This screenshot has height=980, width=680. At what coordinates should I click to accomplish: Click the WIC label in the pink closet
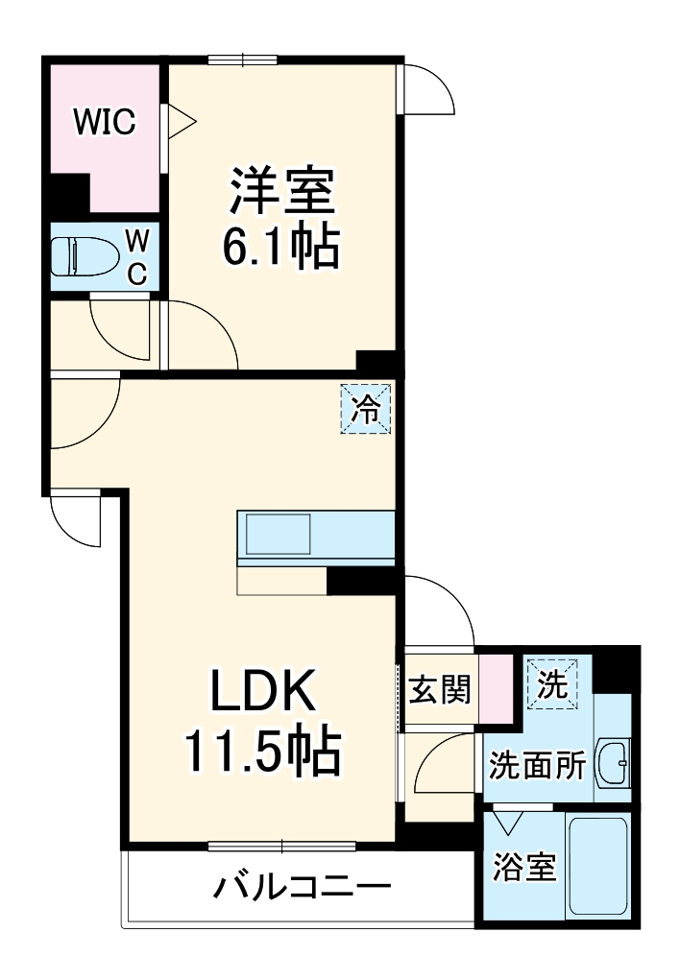(106, 122)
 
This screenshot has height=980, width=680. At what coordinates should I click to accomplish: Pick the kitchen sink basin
(278, 534)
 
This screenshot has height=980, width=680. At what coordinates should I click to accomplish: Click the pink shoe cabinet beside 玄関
(497, 688)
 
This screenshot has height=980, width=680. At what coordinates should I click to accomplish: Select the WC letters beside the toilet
(136, 256)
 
